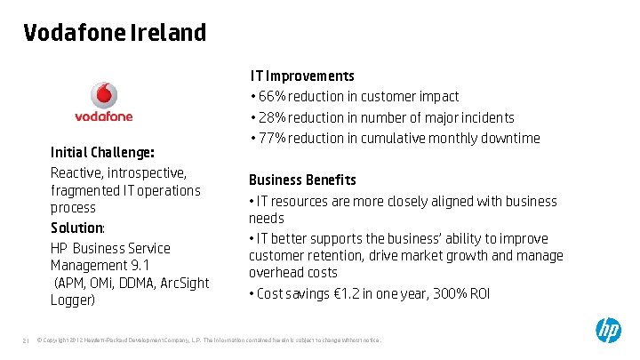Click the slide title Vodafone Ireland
coord(115,33)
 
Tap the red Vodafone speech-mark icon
coord(104,95)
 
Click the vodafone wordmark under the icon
coord(104,116)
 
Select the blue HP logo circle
coord(608,332)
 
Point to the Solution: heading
coord(77,228)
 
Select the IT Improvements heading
coord(302,76)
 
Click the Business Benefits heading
coord(302,180)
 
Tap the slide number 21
coord(26,340)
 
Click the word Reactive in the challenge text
coord(77,172)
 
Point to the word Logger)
coord(73,300)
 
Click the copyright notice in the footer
coord(209,340)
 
